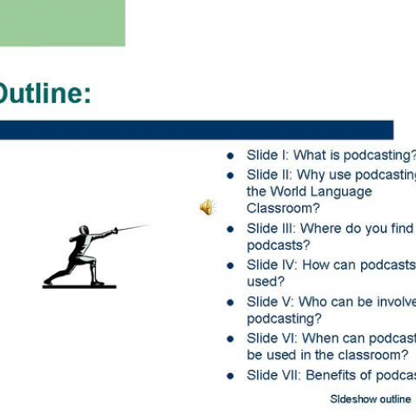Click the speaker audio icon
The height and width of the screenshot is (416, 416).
click(x=206, y=207)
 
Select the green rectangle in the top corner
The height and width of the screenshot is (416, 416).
click(x=62, y=22)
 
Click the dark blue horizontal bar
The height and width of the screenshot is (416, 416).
click(x=196, y=130)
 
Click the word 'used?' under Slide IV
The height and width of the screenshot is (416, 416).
click(x=265, y=281)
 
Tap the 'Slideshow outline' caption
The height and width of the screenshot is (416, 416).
click(x=369, y=399)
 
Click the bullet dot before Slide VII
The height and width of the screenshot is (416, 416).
click(x=230, y=375)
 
